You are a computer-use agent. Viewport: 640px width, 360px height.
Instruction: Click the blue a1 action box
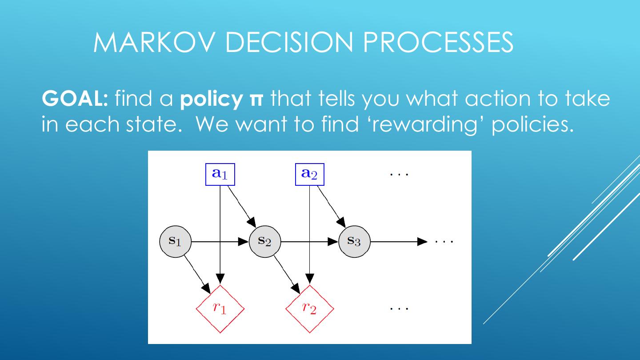pos(220,174)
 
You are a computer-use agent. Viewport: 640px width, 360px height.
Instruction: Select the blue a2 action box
pos(310,174)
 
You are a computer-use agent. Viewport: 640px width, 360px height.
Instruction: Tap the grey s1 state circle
pos(176,241)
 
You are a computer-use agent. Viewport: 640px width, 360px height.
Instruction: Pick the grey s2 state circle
pos(265,241)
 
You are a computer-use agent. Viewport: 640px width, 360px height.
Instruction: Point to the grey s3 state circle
pos(354,241)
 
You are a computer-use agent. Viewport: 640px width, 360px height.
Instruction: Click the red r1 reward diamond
pos(220,308)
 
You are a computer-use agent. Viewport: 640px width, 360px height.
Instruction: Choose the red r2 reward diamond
pos(309,308)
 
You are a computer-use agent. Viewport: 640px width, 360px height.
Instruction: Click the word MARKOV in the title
pos(155,43)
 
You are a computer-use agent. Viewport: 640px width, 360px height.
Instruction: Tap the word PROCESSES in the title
pos(438,43)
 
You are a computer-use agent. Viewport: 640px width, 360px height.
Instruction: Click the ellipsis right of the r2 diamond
pos(399,308)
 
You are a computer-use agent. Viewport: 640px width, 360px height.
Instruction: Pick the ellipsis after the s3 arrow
pos(444,242)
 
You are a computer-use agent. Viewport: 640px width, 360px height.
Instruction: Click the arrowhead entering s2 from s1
pos(243,242)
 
